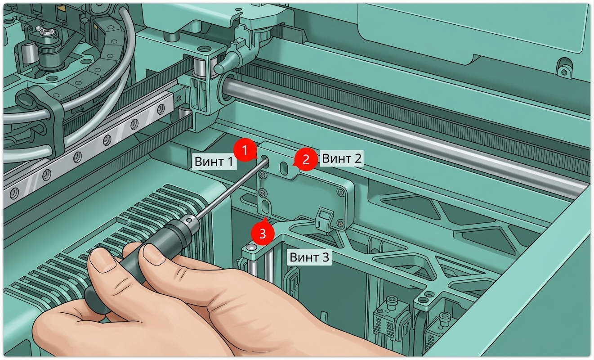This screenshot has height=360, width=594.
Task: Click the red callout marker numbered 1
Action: click(245, 150)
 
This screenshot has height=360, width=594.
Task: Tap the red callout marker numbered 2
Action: click(306, 159)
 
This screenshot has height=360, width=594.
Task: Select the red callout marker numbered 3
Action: click(263, 234)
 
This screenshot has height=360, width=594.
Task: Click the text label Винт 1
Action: click(214, 162)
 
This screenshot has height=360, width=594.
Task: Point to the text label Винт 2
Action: click(342, 158)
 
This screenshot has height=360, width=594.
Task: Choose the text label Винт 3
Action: click(309, 257)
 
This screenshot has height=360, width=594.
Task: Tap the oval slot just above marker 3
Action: click(265, 207)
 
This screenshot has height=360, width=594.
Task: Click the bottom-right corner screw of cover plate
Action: click(341, 224)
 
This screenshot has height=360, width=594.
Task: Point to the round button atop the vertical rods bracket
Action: click(251, 247)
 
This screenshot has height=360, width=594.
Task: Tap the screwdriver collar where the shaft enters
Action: click(192, 220)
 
